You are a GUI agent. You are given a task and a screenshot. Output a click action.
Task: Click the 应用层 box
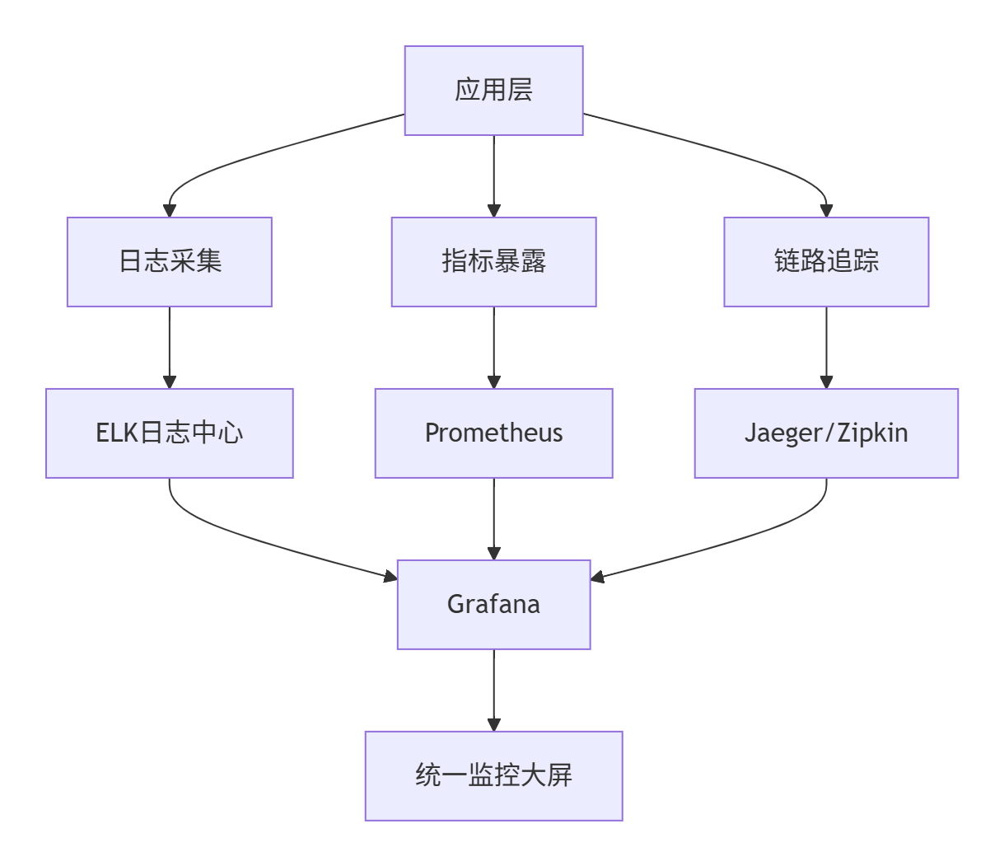pyautogui.click(x=493, y=91)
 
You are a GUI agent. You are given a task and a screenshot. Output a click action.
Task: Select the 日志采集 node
pyautogui.click(x=170, y=262)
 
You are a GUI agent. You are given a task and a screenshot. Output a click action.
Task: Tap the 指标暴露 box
pyautogui.click(x=493, y=262)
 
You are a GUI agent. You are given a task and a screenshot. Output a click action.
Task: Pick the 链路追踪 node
pyautogui.click(x=826, y=262)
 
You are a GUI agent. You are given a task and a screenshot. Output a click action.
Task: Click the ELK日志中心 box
pyautogui.click(x=170, y=433)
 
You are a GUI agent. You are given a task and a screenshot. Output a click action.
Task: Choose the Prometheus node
pyautogui.click(x=493, y=433)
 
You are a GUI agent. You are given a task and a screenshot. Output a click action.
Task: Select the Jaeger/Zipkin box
pyautogui.click(x=826, y=433)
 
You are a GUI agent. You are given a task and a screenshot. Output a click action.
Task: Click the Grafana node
pyautogui.click(x=493, y=605)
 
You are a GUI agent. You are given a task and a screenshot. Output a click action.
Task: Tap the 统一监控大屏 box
pyautogui.click(x=493, y=776)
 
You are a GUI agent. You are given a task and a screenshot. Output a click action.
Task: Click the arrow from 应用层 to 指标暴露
pyautogui.click(x=493, y=176)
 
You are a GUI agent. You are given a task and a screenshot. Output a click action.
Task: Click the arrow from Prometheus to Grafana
pyautogui.click(x=493, y=519)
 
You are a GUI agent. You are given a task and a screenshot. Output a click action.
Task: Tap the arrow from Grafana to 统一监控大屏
pyautogui.click(x=493, y=690)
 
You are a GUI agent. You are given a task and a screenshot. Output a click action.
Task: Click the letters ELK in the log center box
pyautogui.click(x=116, y=433)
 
